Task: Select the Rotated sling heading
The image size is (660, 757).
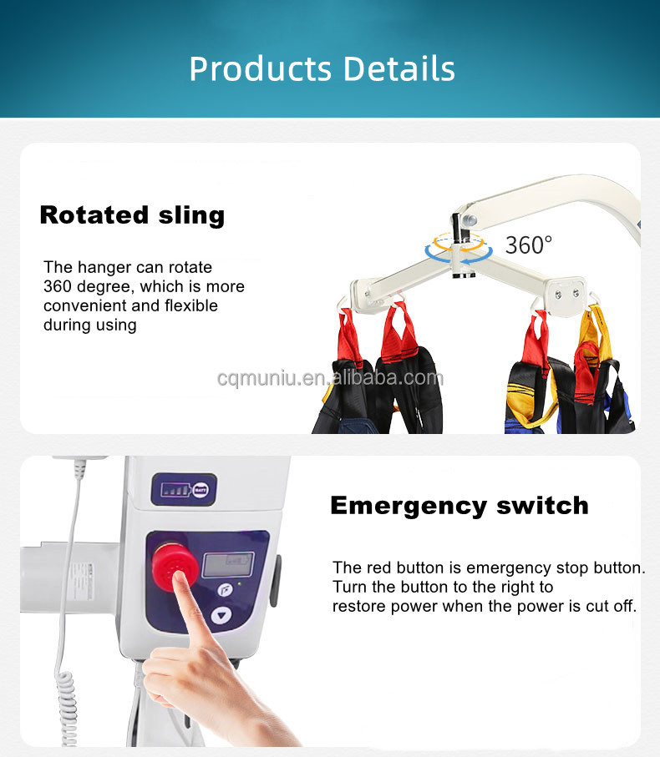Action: click(x=132, y=214)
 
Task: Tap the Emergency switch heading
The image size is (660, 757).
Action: click(x=459, y=505)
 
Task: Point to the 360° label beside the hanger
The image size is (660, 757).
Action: click(x=529, y=245)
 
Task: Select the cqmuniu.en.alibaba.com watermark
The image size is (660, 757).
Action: click(x=330, y=378)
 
